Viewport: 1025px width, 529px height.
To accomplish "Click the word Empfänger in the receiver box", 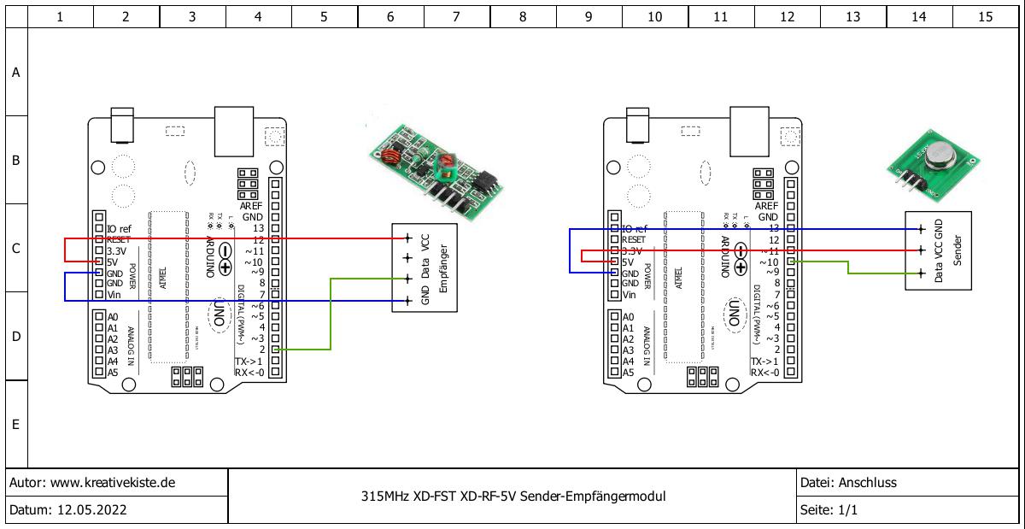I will pyautogui.click(x=443, y=267).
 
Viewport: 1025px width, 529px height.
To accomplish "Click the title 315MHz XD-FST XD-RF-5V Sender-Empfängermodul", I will pyautogui.click(x=513, y=497).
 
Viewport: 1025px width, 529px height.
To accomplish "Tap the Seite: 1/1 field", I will pyautogui.click(x=829, y=511).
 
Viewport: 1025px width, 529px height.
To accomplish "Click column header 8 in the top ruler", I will pyautogui.click(x=522, y=16).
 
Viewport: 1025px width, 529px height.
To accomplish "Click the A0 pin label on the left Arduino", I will pyautogui.click(x=113, y=317).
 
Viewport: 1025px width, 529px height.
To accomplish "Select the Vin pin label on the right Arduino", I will pyautogui.click(x=630, y=295).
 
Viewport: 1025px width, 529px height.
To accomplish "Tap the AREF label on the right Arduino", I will pyautogui.click(x=766, y=206).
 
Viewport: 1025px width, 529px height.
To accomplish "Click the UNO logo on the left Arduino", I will pyautogui.click(x=220, y=314).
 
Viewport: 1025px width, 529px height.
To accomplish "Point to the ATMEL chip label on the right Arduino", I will pyautogui.click(x=679, y=279).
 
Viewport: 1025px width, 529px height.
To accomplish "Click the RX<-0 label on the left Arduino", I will pyautogui.click(x=251, y=373).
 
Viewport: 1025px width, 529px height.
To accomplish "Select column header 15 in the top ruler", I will pyautogui.click(x=985, y=16).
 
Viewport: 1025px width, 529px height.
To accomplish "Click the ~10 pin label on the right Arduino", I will pyautogui.click(x=769, y=262).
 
